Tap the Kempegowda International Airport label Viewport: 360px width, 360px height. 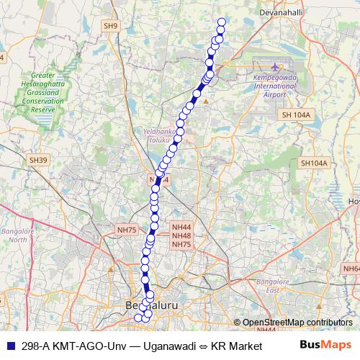click(275, 86)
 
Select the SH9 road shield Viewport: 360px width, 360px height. click(109, 26)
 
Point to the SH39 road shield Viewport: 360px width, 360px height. click(38, 160)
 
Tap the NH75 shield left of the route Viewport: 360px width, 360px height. click(126, 230)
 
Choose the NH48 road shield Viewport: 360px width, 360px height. click(181, 235)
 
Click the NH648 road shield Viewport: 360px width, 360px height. click(351, 269)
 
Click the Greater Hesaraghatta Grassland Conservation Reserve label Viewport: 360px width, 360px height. click(44, 92)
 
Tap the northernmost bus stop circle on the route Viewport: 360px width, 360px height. click(221, 22)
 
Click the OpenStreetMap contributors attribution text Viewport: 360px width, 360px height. click(300, 322)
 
